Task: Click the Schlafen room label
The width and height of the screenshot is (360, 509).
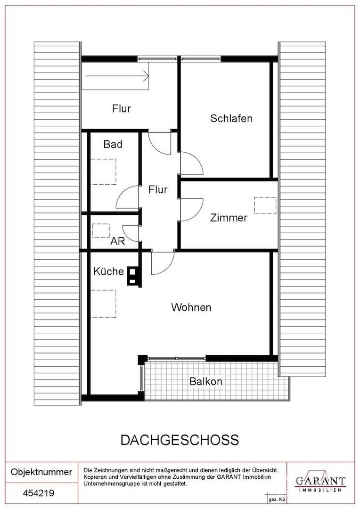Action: tap(231, 118)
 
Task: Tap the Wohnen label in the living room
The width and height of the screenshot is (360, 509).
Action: tap(191, 307)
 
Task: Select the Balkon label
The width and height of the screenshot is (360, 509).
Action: tap(206, 381)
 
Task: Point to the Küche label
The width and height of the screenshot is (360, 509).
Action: tap(108, 271)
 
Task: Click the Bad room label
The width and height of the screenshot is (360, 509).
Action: tap(113, 144)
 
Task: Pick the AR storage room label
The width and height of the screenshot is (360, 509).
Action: tap(117, 241)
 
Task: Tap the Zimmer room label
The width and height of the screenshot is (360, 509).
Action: tap(229, 217)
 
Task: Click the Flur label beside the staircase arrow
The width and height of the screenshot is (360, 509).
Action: tap(122, 108)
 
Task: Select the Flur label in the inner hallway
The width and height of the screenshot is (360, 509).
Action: tap(158, 189)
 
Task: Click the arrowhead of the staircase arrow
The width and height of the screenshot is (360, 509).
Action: tap(147, 77)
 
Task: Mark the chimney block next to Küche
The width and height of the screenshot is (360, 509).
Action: tap(133, 276)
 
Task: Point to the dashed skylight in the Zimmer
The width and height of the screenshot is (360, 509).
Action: tap(265, 205)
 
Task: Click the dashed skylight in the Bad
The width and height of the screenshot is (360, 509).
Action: tap(103, 172)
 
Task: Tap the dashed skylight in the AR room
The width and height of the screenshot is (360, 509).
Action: tap(101, 230)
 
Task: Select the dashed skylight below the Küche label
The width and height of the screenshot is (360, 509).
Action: tap(103, 304)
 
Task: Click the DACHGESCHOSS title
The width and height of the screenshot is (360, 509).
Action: tap(180, 440)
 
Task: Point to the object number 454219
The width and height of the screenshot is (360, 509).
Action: tap(39, 493)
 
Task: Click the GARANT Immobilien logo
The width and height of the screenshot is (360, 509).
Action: tap(320, 483)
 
